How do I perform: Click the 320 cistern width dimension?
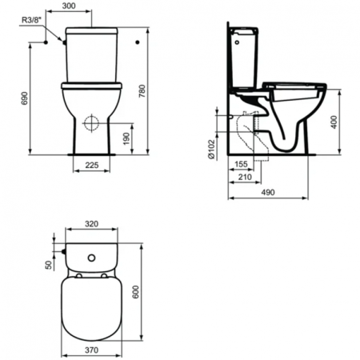[x=92, y=226]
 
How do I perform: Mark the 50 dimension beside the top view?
[x=48, y=265]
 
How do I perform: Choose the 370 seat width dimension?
[x=92, y=350]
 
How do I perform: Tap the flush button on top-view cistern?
[x=92, y=258]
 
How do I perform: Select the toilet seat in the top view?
[x=92, y=304]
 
